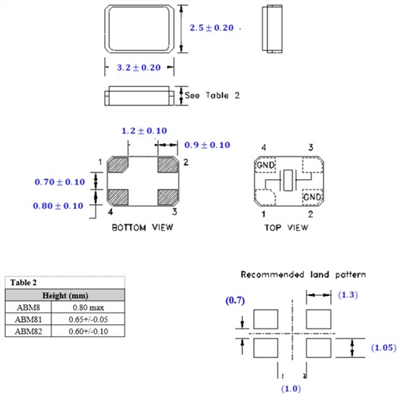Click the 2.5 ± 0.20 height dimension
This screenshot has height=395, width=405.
pyautogui.click(x=210, y=28)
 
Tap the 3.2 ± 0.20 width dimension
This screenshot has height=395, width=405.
pyautogui.click(x=138, y=67)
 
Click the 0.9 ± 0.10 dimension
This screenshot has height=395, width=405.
pyautogui.click(x=207, y=145)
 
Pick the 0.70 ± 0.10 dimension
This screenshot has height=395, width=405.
pyautogui.click(x=59, y=182)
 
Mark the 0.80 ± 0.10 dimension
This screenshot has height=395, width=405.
pyautogui.click(x=59, y=205)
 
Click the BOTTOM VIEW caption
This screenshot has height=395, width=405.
pyautogui.click(x=142, y=227)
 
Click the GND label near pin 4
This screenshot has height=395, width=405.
pyautogui.click(x=265, y=166)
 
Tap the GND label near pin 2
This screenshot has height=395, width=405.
pyautogui.click(x=312, y=197)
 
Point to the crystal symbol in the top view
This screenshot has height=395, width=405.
pyautogui.click(x=289, y=181)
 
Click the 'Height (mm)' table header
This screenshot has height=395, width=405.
pyautogui.click(x=64, y=295)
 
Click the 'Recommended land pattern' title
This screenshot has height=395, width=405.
pyautogui.click(x=303, y=275)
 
